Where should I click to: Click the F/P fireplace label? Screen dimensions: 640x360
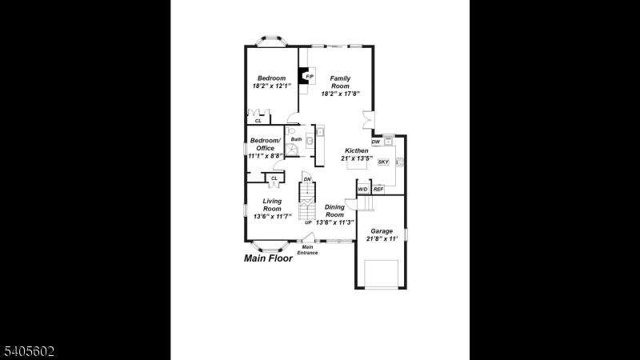[310, 76]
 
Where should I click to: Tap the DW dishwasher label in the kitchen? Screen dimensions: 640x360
[376, 142]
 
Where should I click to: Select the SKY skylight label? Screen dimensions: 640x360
[383, 162]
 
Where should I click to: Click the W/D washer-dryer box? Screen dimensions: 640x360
[363, 189]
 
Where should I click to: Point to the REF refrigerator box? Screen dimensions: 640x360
[378, 189]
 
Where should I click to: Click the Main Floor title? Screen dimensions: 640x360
[268, 258]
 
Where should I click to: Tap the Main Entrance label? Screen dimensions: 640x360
[307, 250]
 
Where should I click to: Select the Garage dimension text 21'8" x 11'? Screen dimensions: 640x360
[382, 238]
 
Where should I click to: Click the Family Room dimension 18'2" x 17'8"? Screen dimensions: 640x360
[341, 94]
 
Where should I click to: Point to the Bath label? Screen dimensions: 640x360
[296, 139]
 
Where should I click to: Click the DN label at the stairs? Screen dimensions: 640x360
[307, 179]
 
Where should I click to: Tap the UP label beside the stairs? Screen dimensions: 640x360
[308, 222]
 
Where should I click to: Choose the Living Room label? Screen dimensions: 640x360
[272, 205]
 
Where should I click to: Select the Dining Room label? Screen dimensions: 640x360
[334, 210]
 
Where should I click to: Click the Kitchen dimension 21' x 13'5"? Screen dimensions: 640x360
[357, 158]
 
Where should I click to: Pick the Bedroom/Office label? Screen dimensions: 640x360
[266, 144]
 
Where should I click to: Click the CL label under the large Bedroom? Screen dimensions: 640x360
[258, 121]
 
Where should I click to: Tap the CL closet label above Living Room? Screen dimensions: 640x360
[274, 178]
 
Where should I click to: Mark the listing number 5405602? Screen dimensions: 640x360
[29, 351]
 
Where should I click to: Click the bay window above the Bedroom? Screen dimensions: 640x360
[271, 42]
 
